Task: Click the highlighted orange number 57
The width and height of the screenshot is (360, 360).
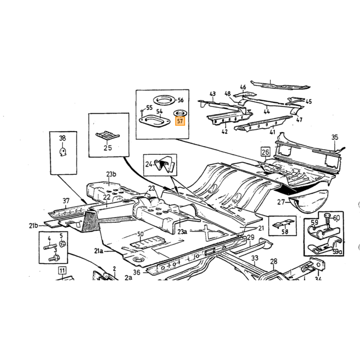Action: click(180, 121)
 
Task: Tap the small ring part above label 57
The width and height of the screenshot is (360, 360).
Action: click(179, 113)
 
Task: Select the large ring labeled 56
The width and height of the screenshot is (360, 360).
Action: click(165, 100)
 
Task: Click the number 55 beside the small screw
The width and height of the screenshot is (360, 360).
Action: click(149, 107)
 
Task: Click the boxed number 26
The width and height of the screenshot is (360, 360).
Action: click(265, 152)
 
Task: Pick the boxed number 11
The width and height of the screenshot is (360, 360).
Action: click(62, 270)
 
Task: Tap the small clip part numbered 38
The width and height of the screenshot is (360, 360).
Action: click(63, 152)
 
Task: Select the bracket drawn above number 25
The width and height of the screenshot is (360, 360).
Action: click(107, 136)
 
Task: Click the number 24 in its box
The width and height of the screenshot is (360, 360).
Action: click(149, 164)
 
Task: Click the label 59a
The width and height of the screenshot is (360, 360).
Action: click(337, 251)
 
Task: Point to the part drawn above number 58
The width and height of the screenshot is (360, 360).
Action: click(284, 223)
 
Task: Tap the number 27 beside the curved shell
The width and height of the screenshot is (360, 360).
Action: click(281, 202)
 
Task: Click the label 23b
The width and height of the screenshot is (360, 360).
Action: click(111, 174)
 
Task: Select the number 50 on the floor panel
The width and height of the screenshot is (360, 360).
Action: click(140, 234)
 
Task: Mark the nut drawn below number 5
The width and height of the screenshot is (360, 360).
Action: click(62, 243)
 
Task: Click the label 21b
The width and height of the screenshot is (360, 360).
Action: click(33, 226)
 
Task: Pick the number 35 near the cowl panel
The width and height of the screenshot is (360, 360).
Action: click(335, 137)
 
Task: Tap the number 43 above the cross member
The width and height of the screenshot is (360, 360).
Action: click(212, 94)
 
